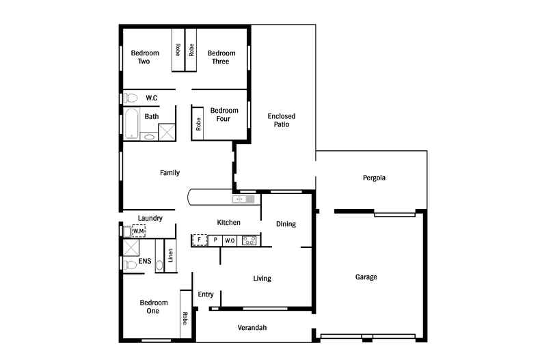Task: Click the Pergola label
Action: coord(374,178)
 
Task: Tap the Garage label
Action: coord(366,277)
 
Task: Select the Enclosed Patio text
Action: coord(282,120)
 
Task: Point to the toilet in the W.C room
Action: coord(130,98)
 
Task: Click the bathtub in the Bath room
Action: coord(131,124)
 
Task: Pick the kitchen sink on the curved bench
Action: coord(243,199)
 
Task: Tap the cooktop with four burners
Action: coord(249,240)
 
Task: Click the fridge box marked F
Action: coord(200,240)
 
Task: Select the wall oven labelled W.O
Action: coord(230,240)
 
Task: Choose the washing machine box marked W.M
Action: coord(139,231)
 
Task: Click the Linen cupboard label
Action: coord(170,255)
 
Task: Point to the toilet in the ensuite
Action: coord(130,264)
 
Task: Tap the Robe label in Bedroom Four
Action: coord(198,124)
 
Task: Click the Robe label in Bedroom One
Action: coord(185,318)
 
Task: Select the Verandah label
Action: coord(252,328)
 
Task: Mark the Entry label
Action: coord(206,294)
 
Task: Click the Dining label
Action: coord(286,224)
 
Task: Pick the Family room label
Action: coord(170,173)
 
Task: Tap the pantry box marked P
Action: coord(215,240)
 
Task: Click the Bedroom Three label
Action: coord(221,57)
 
